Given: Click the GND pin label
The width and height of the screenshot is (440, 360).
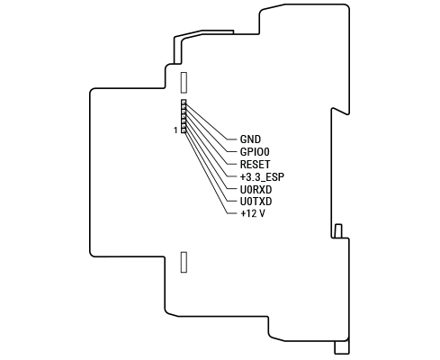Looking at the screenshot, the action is pyautogui.click(x=250, y=139).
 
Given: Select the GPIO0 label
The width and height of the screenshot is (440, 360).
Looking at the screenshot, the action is pyautogui.click(x=255, y=152).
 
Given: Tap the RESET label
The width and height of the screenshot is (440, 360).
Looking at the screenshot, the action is pyautogui.click(x=255, y=165).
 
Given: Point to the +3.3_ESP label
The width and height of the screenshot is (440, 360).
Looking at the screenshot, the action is pyautogui.click(x=262, y=177).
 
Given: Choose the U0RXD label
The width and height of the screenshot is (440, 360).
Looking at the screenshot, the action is pyautogui.click(x=256, y=190).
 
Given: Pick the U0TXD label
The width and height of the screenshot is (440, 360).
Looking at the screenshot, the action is pyautogui.click(x=256, y=202).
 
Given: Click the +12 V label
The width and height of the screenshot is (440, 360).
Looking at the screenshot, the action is pyautogui.click(x=253, y=213).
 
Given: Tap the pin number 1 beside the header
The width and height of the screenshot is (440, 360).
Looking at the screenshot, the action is pyautogui.click(x=175, y=130).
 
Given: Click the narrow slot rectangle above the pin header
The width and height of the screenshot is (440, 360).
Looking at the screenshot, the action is pyautogui.click(x=184, y=83).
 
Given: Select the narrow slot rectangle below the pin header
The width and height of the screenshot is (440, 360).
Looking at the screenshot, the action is pyautogui.click(x=184, y=262).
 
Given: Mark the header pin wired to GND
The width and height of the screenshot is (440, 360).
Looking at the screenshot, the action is pyautogui.click(x=184, y=102).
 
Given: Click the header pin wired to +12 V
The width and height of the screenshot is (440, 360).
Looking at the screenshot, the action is pyautogui.click(x=184, y=130).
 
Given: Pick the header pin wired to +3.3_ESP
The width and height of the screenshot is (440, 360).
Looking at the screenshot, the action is pyautogui.click(x=184, y=116).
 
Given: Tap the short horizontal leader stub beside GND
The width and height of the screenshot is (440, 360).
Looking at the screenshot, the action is pyautogui.click(x=232, y=139).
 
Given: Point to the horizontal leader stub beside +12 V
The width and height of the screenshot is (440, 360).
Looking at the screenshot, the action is pyautogui.click(x=232, y=213).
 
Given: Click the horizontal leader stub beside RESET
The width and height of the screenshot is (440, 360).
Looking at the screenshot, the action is pyautogui.click(x=232, y=165).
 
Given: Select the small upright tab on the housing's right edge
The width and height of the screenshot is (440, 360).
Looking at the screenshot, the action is pyautogui.click(x=338, y=230).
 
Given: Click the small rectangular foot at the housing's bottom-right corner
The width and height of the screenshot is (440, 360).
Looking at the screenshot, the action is pyautogui.click(x=342, y=347).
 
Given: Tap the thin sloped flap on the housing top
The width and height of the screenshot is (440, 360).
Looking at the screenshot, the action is pyautogui.click(x=204, y=33).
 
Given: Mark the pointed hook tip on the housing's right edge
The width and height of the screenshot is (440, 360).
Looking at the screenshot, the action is pyautogui.click(x=348, y=114).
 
